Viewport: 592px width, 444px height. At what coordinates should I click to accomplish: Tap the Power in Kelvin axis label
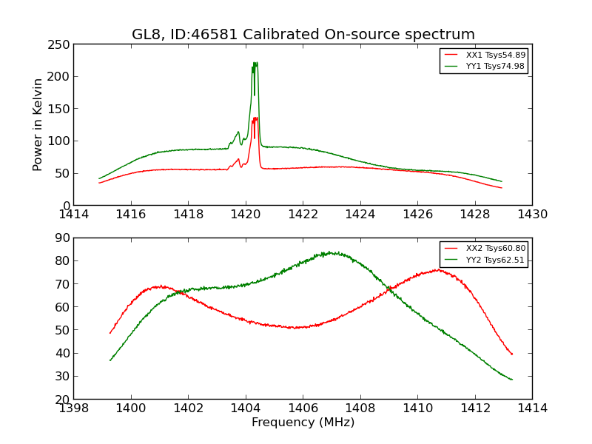click(x=38, y=124)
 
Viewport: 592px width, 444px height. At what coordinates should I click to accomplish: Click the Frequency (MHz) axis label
click(x=303, y=423)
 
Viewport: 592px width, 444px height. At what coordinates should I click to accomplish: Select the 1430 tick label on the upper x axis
click(x=532, y=215)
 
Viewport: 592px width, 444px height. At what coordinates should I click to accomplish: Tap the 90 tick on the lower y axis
click(x=61, y=238)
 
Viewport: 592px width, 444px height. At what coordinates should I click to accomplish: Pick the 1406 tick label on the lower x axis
click(x=303, y=408)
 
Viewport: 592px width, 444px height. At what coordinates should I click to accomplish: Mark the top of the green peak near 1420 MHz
click(x=255, y=62)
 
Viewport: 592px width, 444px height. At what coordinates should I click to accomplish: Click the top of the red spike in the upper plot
click(x=255, y=117)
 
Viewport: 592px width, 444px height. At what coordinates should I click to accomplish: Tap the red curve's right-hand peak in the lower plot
click(x=437, y=269)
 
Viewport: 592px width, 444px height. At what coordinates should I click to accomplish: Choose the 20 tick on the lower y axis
click(x=61, y=399)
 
